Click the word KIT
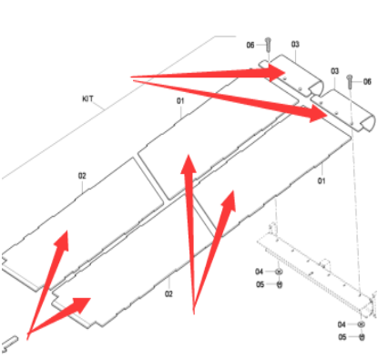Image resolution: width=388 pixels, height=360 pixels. tap(87, 99)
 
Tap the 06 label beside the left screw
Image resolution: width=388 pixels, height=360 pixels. tap(250, 46)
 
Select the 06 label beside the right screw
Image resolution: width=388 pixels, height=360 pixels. tap(367, 81)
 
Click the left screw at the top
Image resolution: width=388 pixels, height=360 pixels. tap(268, 46)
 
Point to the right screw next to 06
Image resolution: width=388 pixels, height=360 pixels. tap(350, 81)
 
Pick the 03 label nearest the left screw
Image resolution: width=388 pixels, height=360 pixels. tap(295, 45)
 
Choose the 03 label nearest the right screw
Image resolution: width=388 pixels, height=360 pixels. tap(334, 71)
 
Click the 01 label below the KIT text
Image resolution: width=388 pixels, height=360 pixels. tap(180, 101)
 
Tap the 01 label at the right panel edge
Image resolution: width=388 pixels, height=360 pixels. tap(322, 181)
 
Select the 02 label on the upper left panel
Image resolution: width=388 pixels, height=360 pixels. tap(82, 176)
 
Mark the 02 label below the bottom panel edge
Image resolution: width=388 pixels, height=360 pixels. tap(168, 293)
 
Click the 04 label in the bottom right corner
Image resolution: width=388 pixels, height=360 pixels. tap(342, 324)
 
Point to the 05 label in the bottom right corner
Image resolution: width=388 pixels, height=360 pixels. tap(342, 337)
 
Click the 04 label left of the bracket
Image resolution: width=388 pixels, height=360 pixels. tap(259, 272)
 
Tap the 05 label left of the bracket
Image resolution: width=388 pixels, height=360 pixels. tap(260, 284)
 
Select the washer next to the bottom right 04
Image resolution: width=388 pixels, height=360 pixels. tap(361, 324)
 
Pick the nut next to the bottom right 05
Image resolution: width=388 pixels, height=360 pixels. tap(362, 337)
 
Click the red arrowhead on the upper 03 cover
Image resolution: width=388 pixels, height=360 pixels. tap(277, 73)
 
